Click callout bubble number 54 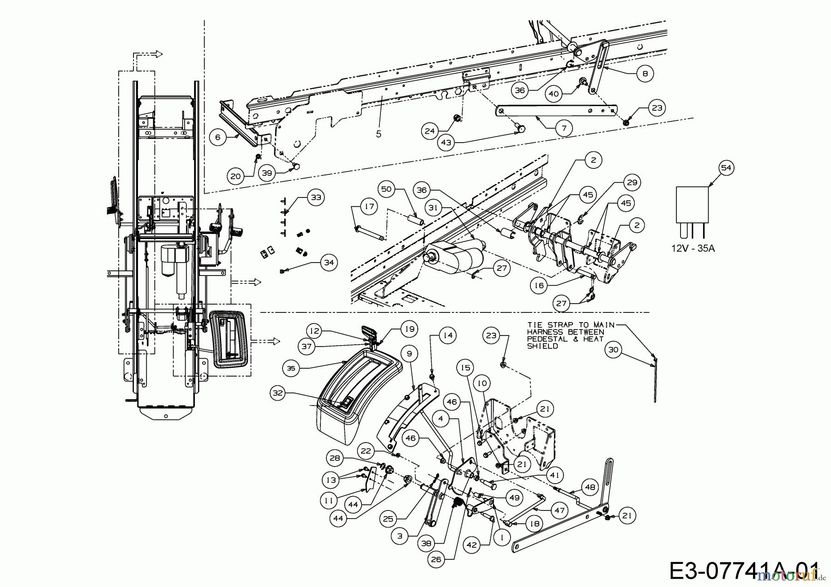pos(726,168)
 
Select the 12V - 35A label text pos(692,248)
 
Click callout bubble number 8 pos(645,73)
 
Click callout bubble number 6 pos(218,137)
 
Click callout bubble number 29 pos(632,183)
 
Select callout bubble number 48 pos(590,486)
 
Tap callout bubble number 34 pos(328,263)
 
